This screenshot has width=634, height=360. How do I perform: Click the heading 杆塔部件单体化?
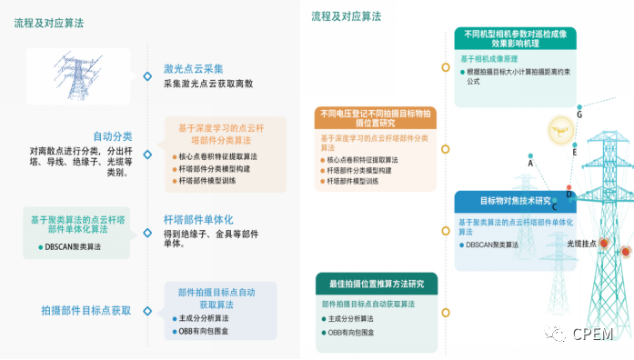[x=198, y=220]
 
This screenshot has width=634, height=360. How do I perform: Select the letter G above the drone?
[x=579, y=115]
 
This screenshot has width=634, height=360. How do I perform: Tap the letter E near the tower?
[x=575, y=154]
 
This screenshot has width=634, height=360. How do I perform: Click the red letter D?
[x=570, y=193]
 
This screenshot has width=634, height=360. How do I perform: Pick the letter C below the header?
[x=554, y=207]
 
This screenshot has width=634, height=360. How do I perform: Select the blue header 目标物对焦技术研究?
[x=516, y=200]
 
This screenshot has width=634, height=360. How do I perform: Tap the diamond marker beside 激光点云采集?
[x=147, y=76]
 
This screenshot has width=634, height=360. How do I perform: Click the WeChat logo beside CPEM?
[x=557, y=334]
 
